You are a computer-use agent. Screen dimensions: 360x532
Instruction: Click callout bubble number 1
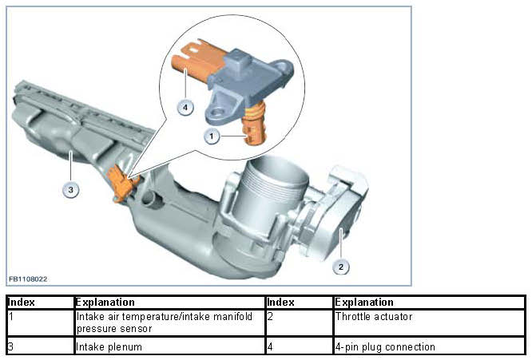coord(212,136)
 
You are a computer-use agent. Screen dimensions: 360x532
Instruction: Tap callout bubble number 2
coord(341,267)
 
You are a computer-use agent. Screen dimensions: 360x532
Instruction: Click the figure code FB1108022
coord(28,279)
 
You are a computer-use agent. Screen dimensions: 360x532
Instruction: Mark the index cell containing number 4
coord(299,346)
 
